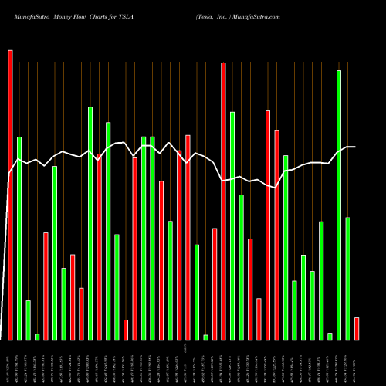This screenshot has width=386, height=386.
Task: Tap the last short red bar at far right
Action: pos(357,328)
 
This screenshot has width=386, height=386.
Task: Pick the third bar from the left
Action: pos(28,320)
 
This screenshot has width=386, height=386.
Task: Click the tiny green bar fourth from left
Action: pos(37,337)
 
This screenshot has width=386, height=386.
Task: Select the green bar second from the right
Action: pos(348,278)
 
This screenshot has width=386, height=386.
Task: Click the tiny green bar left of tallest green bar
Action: pos(330,336)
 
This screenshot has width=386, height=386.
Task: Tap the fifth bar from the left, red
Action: pos(46,286)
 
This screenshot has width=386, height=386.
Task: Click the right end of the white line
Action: pos(355,147)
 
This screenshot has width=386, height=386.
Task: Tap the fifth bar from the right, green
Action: pos(313,305)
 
